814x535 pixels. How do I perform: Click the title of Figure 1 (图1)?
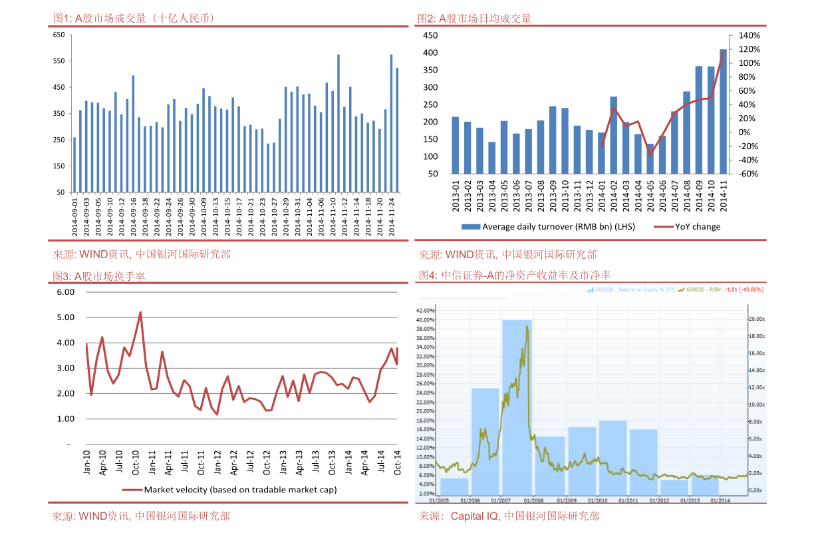click(x=133, y=19)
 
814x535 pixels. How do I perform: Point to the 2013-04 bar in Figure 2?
click(x=492, y=158)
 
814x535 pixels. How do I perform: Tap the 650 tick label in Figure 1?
click(x=59, y=35)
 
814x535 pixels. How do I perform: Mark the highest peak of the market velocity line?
click(x=140, y=312)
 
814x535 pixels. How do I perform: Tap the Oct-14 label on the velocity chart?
click(x=398, y=462)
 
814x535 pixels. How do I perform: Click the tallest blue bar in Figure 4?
click(x=517, y=406)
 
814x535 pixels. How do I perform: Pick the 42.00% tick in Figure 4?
click(x=426, y=311)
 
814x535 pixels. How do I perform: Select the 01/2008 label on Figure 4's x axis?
click(x=533, y=500)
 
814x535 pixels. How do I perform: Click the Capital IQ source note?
click(x=509, y=516)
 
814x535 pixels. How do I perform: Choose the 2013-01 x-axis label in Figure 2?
click(x=456, y=196)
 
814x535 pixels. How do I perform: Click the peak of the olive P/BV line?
click(x=527, y=326)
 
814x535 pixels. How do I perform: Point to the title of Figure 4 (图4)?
click(x=515, y=275)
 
